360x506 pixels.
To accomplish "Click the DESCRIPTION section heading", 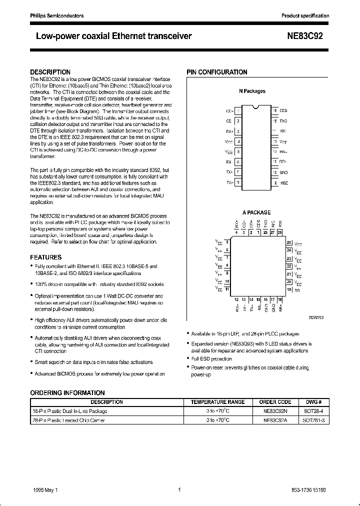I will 50,72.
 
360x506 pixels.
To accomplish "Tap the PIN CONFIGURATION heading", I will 217,72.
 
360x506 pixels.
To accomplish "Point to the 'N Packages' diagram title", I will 252,91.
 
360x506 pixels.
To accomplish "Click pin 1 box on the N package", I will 238,110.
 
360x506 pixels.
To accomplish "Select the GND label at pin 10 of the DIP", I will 283,172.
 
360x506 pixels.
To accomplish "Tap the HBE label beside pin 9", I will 283,182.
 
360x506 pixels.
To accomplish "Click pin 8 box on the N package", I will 238,182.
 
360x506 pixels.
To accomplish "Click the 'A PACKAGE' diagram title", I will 256,212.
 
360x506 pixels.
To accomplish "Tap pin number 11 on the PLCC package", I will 227,289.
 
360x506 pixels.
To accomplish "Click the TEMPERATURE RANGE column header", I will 218,401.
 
